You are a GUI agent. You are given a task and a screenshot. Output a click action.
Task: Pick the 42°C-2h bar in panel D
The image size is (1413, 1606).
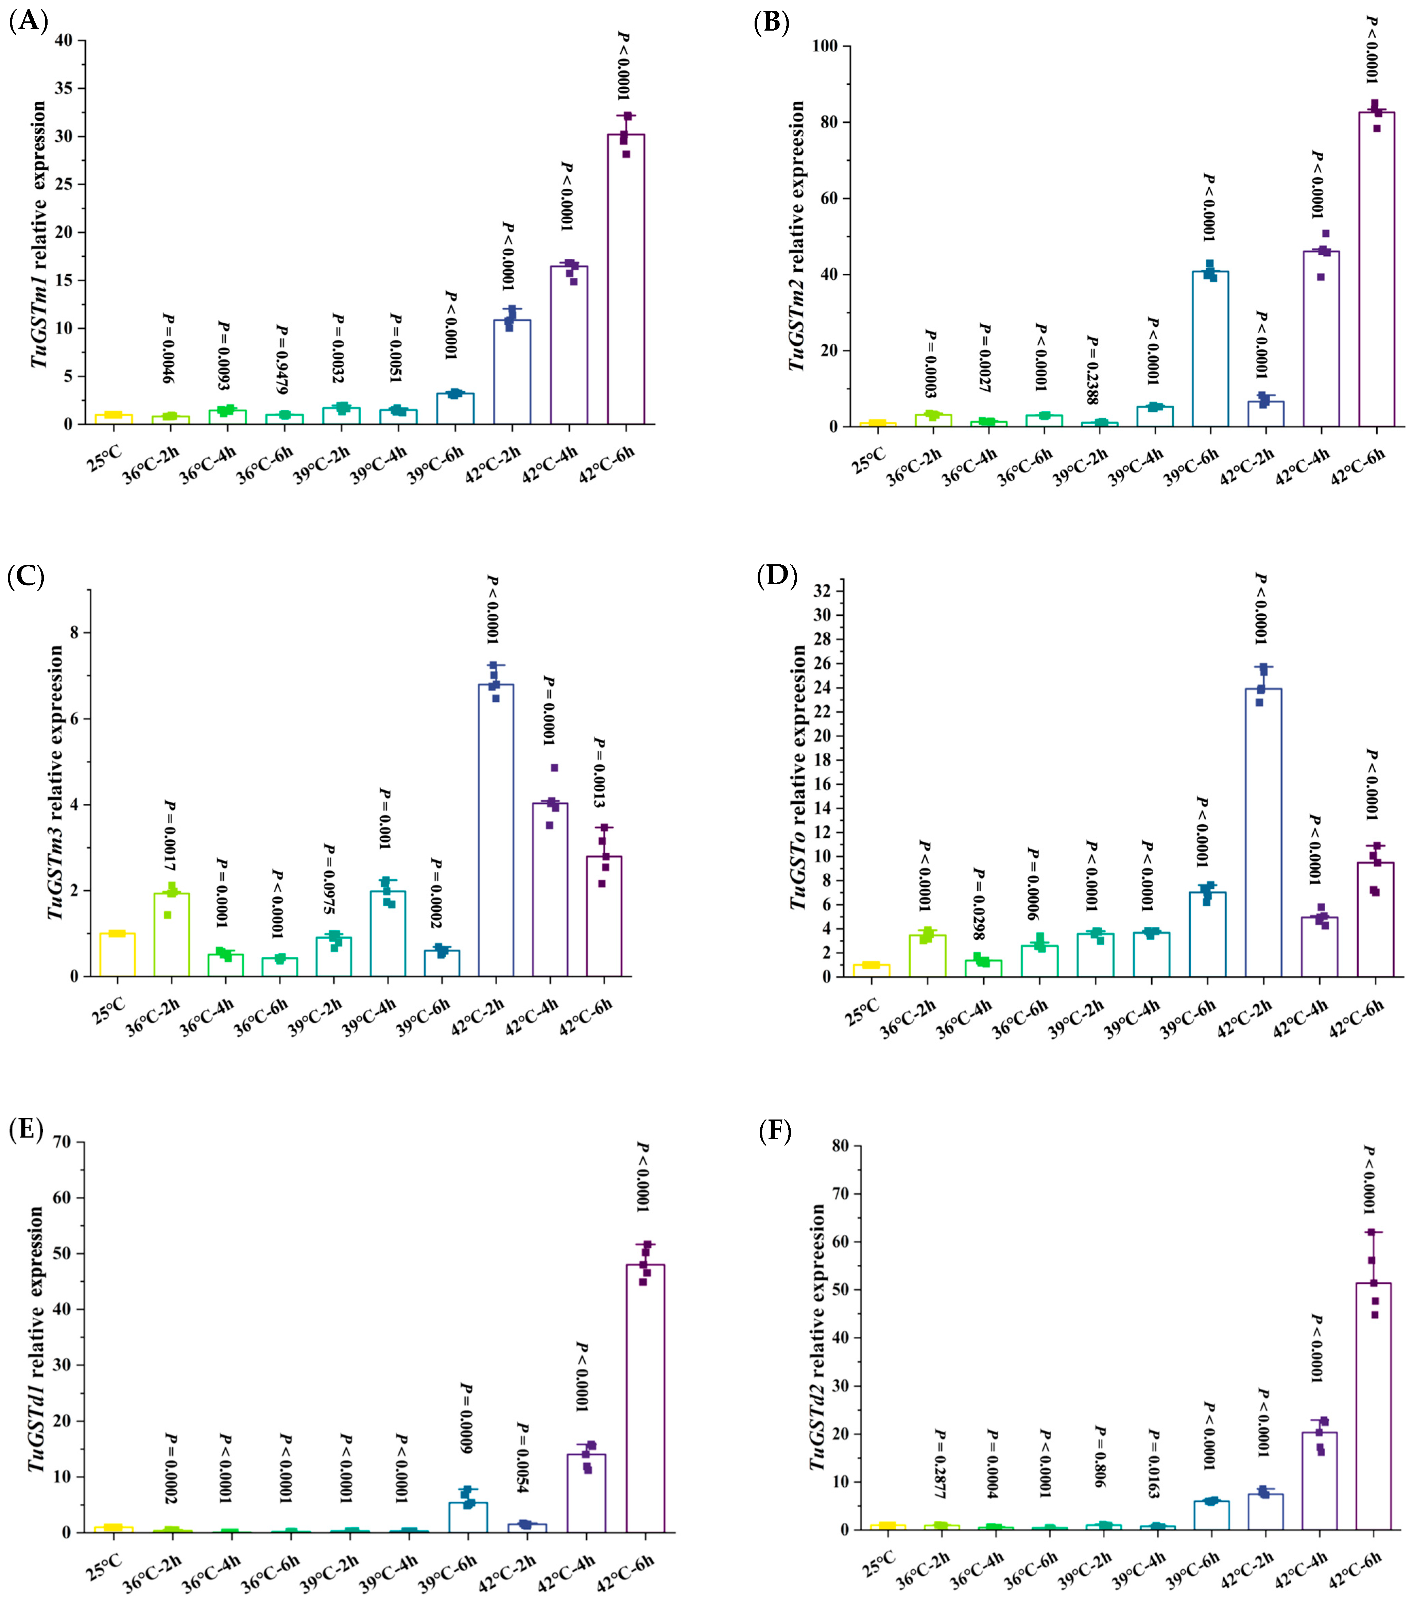point(1263,833)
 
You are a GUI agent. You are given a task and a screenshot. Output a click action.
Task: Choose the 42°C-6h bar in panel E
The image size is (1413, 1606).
point(645,1399)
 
